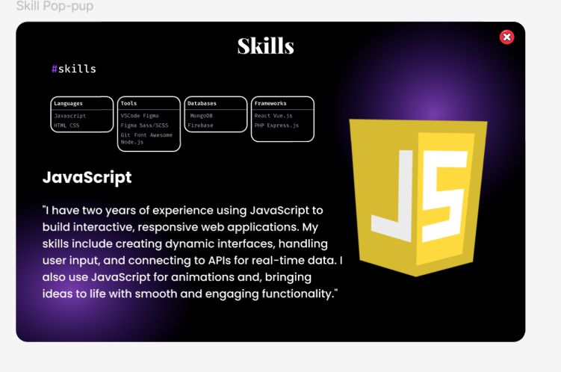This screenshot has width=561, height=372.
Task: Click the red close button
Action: [x=506, y=37]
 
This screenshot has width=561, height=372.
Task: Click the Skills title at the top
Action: [x=265, y=46]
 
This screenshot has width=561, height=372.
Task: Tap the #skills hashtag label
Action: [x=74, y=69]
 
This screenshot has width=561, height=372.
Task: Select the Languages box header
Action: [x=69, y=103]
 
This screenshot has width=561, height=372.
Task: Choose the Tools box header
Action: [x=129, y=103]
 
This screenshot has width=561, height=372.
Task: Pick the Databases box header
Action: [x=202, y=103]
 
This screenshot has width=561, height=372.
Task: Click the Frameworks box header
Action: [x=270, y=103]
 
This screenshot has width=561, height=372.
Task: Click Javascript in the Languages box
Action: [x=70, y=116]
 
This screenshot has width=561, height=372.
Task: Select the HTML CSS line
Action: [x=66, y=125]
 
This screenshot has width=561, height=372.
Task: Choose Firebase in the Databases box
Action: [x=200, y=125]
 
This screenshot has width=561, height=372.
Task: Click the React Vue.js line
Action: [x=273, y=116]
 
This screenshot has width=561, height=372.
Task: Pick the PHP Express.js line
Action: [x=276, y=125]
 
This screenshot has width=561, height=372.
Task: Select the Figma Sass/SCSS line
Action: [x=145, y=125]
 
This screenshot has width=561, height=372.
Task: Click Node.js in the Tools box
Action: [x=132, y=141]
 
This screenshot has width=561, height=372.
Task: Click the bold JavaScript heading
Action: [x=87, y=177]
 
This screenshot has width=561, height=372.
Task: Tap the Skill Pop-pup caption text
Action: [x=55, y=7]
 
